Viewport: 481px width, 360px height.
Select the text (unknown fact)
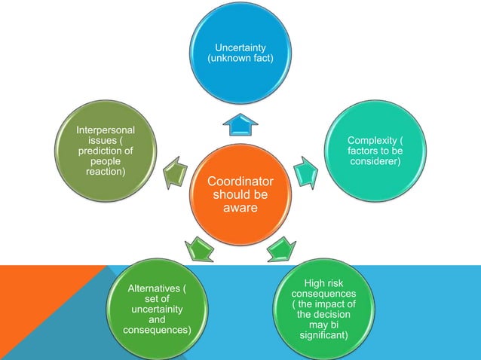click(240, 58)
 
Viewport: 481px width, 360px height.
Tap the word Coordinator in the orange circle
click(240, 182)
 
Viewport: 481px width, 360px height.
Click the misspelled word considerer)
click(375, 162)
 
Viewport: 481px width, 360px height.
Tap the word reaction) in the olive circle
click(106, 172)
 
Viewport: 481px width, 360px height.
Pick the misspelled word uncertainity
click(157, 310)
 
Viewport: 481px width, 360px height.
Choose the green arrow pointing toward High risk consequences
click(281, 247)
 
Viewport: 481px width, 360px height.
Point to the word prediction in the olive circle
click(106, 151)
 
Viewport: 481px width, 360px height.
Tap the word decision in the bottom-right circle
click(324, 314)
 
